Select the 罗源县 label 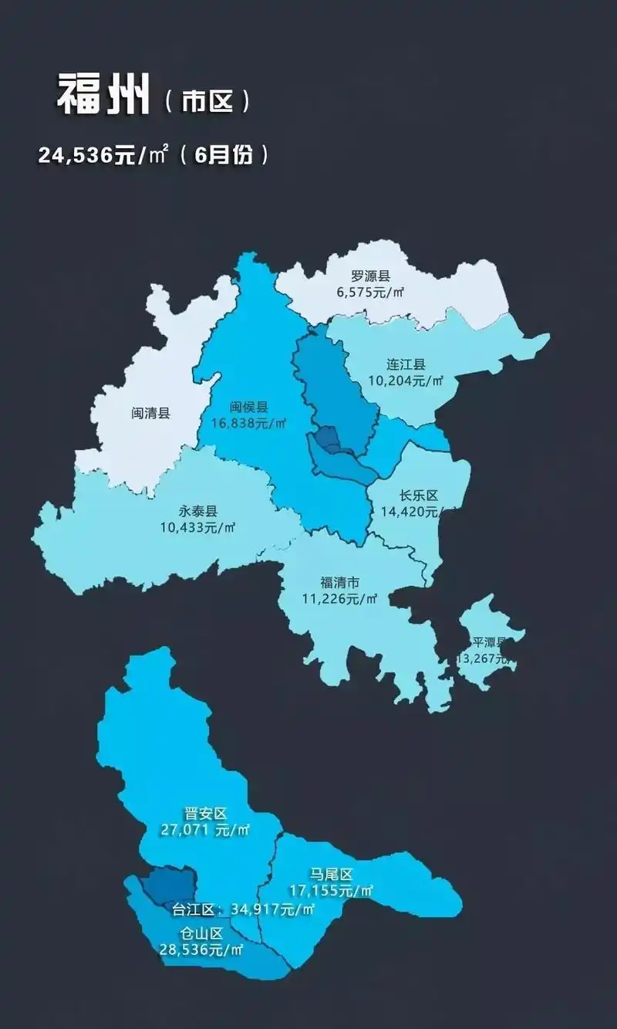click(370, 276)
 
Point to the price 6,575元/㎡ click(370, 292)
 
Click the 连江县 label click(406, 364)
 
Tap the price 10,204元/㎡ click(406, 380)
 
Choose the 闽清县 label click(150, 413)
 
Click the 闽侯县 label click(248, 407)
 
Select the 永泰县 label click(198, 511)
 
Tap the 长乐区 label click(419, 496)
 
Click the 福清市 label click(339, 582)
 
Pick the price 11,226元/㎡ click(339, 598)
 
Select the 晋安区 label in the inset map click(205, 814)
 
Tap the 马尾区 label click(331, 874)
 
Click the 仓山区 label click(201, 933)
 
